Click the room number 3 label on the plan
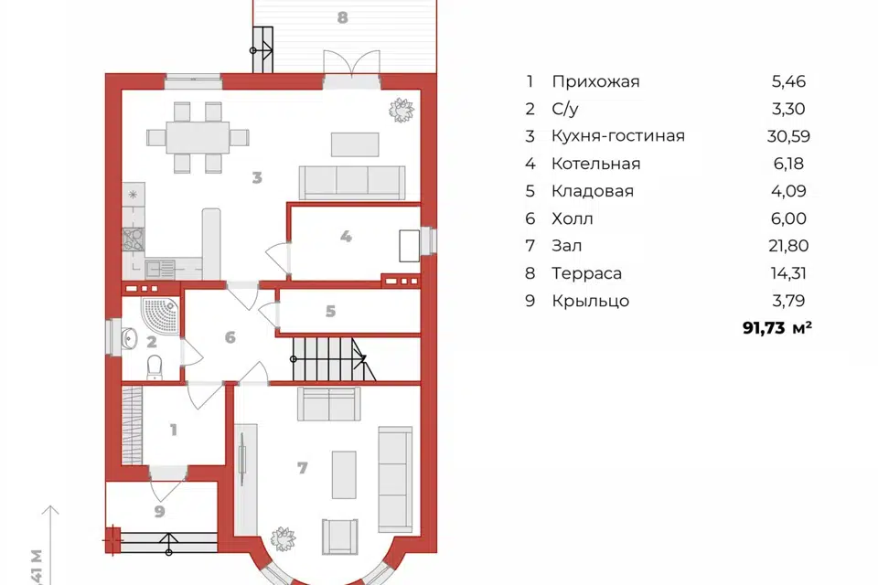[257, 177]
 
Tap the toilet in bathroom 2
[155, 367]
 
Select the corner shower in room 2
[160, 316]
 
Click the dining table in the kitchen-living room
[198, 138]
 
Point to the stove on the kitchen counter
[134, 239]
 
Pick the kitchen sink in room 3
[160, 270]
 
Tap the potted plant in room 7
[283, 538]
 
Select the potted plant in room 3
[402, 110]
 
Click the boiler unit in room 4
[410, 246]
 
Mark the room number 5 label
[330, 312]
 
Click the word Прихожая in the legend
[595, 81]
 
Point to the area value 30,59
[788, 136]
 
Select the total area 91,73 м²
[777, 327]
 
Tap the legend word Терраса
[586, 273]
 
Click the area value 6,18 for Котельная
[788, 164]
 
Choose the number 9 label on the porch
[159, 511]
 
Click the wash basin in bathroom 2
[129, 338]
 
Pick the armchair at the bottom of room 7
[340, 537]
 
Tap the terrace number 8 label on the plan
[343, 17]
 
